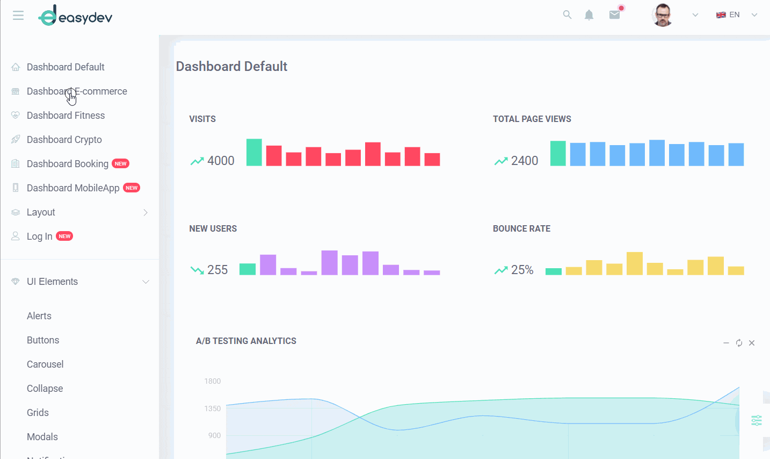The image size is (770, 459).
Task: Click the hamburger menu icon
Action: coord(18,16)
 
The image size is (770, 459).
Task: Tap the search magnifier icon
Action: coord(567,15)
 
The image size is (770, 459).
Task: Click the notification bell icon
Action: coord(589,15)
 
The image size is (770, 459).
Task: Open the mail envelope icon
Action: coord(614,15)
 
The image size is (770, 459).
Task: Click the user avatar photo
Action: coord(662,15)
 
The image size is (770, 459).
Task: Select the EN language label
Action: coord(734,15)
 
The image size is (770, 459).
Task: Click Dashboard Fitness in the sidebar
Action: coord(66,116)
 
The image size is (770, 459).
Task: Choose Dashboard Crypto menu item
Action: coord(64,140)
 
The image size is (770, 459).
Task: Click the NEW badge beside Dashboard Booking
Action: coord(120,164)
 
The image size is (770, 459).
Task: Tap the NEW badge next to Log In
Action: coord(64,236)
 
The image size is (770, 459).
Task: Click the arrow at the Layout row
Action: coord(146,213)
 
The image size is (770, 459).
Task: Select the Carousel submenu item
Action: coord(45,364)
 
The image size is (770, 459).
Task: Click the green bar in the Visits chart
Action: coord(254,153)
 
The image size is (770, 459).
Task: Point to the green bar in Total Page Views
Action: coord(558,154)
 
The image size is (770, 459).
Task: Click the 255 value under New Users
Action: coord(217,270)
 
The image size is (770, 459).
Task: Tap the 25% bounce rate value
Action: coord(522,270)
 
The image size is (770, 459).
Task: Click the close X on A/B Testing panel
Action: coord(752,343)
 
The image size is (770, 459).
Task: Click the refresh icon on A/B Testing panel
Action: coord(739,343)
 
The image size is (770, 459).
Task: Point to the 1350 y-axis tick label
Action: coord(213,409)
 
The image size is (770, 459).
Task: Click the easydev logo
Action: coord(75,16)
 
